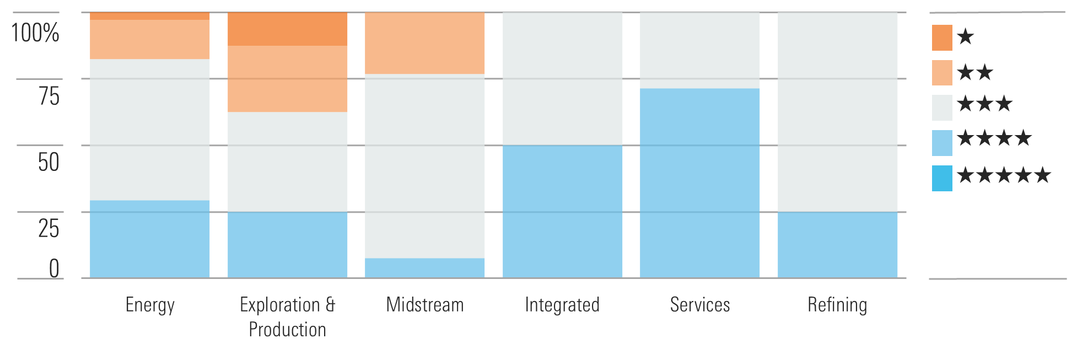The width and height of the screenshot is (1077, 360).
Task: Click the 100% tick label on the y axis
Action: (x=35, y=33)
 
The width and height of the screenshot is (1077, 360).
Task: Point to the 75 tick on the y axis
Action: (x=49, y=96)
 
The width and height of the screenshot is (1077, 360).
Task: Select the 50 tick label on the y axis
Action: (x=49, y=162)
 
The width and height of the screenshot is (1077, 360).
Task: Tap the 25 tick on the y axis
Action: (x=49, y=228)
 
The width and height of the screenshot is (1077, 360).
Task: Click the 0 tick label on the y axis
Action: (x=54, y=269)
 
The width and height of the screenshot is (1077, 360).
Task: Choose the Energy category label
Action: (x=150, y=305)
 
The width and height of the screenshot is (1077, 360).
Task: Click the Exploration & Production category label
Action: (x=287, y=317)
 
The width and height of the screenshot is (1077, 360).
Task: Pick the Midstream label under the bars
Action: (x=425, y=305)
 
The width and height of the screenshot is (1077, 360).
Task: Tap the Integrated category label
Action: (x=562, y=305)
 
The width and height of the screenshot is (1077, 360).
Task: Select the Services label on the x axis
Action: (x=700, y=305)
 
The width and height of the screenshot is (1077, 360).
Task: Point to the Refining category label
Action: (x=837, y=305)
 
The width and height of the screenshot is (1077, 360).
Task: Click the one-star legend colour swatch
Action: (x=942, y=37)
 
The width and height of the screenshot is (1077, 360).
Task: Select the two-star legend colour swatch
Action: (x=942, y=73)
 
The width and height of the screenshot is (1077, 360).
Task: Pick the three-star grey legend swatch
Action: (x=942, y=108)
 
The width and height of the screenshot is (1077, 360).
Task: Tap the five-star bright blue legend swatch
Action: (x=942, y=178)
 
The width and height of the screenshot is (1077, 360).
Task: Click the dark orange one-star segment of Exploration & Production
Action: (x=287, y=29)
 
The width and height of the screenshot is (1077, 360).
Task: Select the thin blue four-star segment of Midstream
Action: (x=425, y=268)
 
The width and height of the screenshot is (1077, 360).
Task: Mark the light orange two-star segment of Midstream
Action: (x=425, y=43)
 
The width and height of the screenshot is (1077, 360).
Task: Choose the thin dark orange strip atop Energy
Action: (x=150, y=16)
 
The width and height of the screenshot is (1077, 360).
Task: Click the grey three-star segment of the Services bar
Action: (x=700, y=50)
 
